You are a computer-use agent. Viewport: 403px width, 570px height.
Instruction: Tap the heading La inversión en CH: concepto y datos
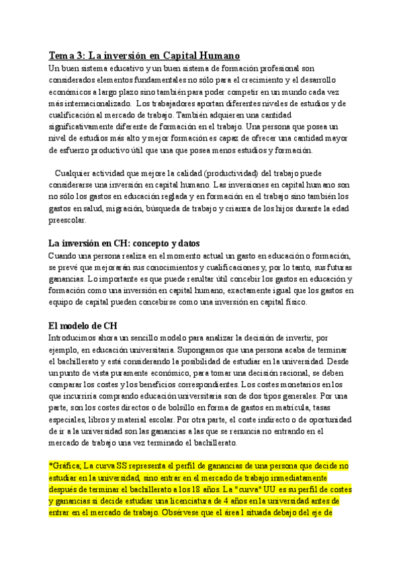pos(126,243)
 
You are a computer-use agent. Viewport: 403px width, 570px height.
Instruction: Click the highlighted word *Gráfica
pos(64,466)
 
